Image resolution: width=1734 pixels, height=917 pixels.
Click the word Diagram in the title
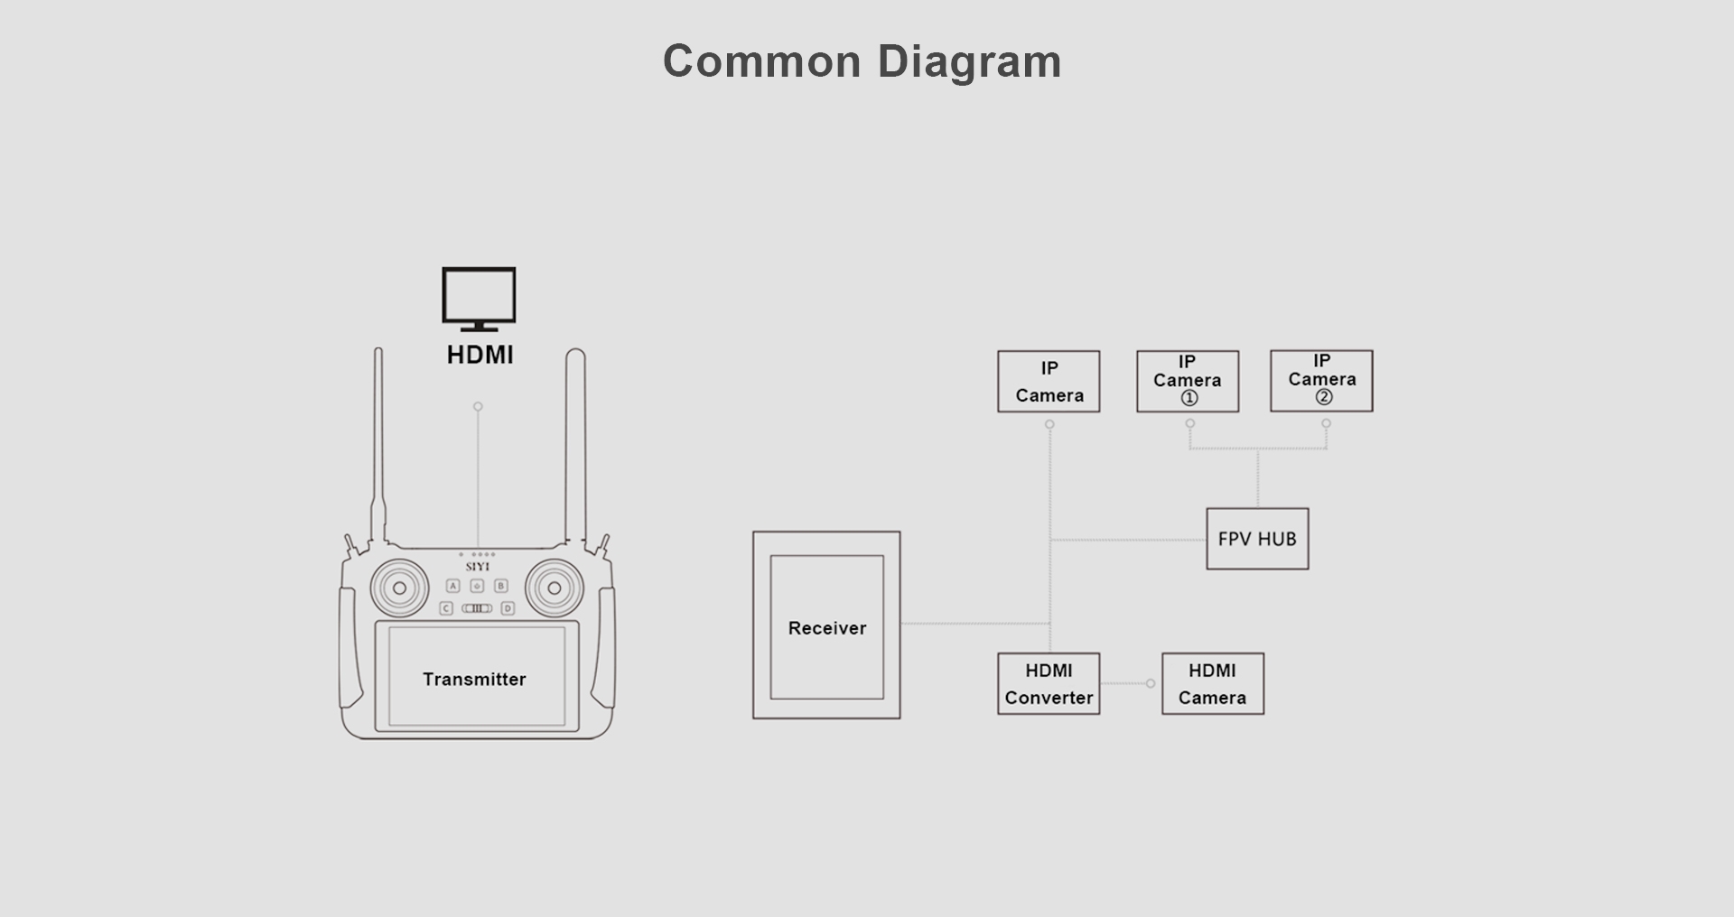tap(969, 62)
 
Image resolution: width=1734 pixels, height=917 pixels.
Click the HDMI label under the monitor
tap(480, 355)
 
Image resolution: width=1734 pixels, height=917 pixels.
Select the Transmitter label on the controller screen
tap(474, 679)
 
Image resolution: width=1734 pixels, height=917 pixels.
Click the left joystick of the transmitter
tap(399, 588)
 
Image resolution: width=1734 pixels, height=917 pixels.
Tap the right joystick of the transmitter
tap(555, 588)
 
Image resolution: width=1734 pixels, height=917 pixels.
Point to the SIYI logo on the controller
tap(478, 567)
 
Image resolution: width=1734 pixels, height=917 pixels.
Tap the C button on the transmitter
tap(446, 608)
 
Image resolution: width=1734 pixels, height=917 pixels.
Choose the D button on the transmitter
tap(508, 608)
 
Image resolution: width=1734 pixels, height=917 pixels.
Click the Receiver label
tap(826, 628)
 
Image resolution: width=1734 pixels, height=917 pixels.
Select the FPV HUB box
tap(1257, 539)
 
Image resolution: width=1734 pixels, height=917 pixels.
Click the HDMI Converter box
tap(1049, 684)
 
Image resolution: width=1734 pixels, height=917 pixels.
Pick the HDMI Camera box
tap(1212, 684)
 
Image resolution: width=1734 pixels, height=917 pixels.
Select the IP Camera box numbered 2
tap(1321, 381)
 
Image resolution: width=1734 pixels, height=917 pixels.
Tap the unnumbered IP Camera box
tap(1049, 382)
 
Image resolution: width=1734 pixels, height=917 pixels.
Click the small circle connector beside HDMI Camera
tap(1151, 683)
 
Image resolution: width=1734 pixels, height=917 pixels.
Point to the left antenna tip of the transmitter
tap(378, 351)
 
